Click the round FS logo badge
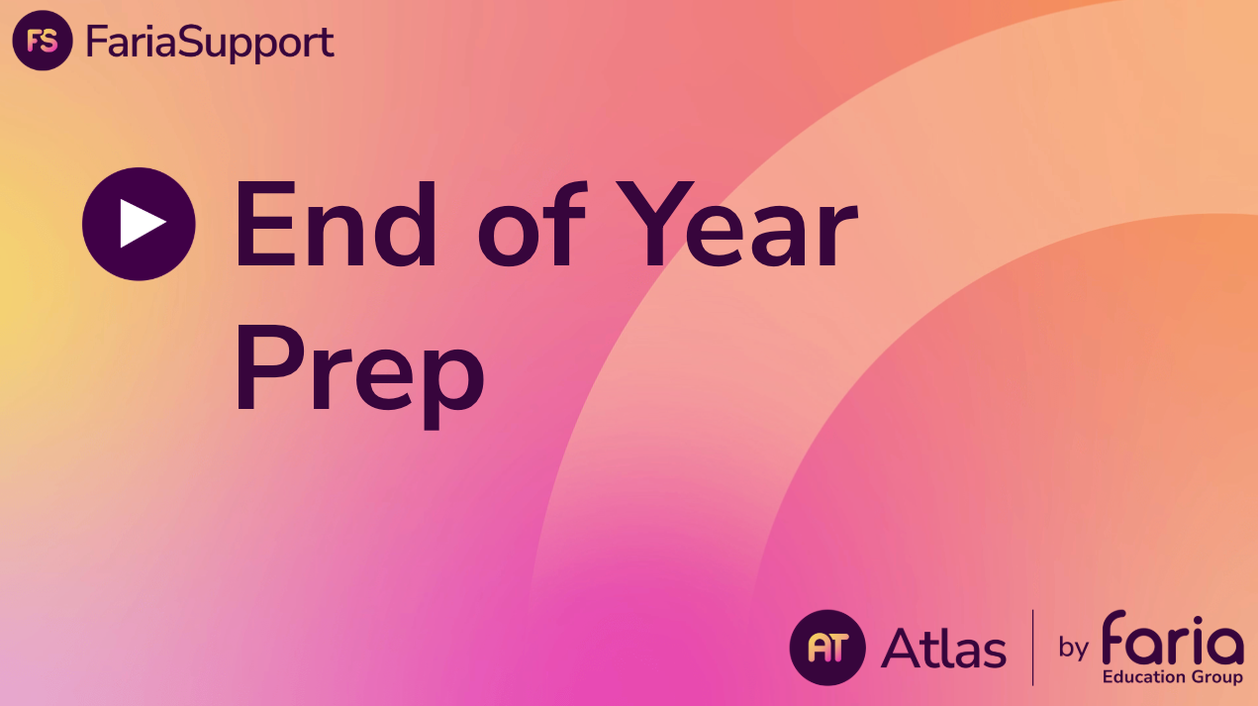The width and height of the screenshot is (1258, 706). click(x=43, y=42)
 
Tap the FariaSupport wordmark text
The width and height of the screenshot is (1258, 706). click(x=210, y=42)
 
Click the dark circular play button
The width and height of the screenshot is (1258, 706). click(x=139, y=224)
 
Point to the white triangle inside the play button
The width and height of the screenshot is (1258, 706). click(x=142, y=224)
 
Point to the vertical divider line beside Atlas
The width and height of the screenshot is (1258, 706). click(x=1033, y=648)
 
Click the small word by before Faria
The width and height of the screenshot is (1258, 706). click(x=1074, y=649)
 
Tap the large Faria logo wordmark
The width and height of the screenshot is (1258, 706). click(x=1173, y=639)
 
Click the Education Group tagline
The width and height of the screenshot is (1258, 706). click(x=1173, y=677)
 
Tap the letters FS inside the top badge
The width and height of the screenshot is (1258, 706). click(x=43, y=42)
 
